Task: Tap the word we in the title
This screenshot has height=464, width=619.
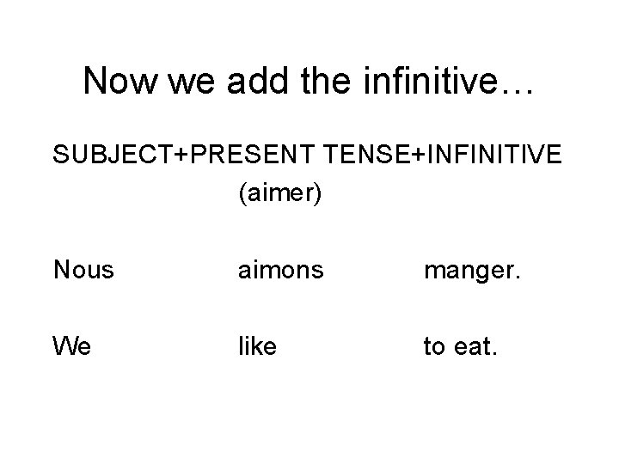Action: (x=187, y=82)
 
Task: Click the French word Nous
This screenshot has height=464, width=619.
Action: (x=83, y=271)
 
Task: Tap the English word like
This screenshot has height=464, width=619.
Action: (x=259, y=347)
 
